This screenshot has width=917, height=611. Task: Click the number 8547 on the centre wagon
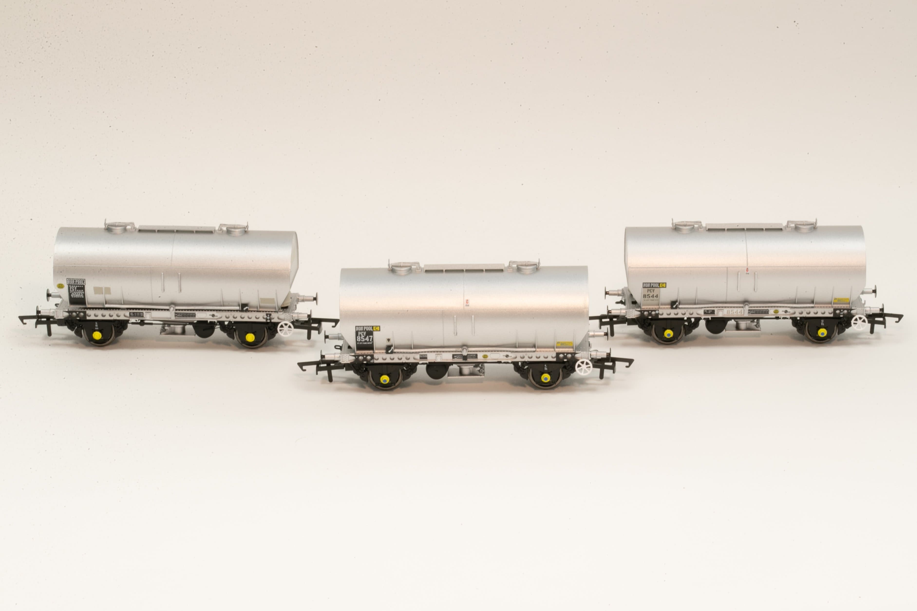tap(365, 339)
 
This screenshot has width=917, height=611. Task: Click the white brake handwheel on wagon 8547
tap(583, 367)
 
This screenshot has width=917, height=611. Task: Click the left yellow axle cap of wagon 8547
tap(385, 379)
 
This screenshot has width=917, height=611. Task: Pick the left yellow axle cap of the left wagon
tap(97, 335)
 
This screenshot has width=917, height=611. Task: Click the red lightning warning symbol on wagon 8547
tap(467, 301)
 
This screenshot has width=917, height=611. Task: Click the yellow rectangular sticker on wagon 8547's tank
tap(564, 344)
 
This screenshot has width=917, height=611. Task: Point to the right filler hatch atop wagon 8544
tap(804, 226)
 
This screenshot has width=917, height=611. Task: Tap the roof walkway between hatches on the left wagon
tap(176, 229)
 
